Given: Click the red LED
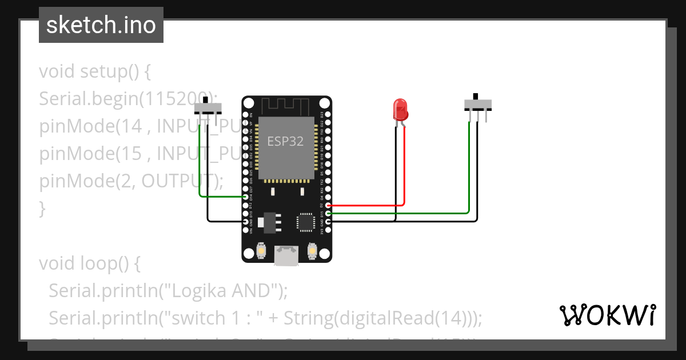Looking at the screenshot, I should tap(400, 109).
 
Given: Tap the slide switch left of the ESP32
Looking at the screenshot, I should tap(208, 108).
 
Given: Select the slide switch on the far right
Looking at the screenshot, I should tap(477, 104).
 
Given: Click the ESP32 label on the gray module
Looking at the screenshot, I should tap(285, 140).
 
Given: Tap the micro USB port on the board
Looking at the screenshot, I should tap(286, 255).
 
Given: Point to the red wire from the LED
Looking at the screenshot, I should tap(404, 171).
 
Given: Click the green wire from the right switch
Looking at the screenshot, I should tap(469, 171).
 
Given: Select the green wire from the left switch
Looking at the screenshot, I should tap(200, 166).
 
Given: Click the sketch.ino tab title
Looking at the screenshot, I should tap(101, 25).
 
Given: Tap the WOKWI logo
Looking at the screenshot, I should tap(607, 315).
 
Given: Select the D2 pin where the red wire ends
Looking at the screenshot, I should tap(328, 205).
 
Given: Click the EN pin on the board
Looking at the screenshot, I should tap(246, 115).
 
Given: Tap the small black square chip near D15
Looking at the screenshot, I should tap(305, 222).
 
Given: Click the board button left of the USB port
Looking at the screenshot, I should tap(261, 250).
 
